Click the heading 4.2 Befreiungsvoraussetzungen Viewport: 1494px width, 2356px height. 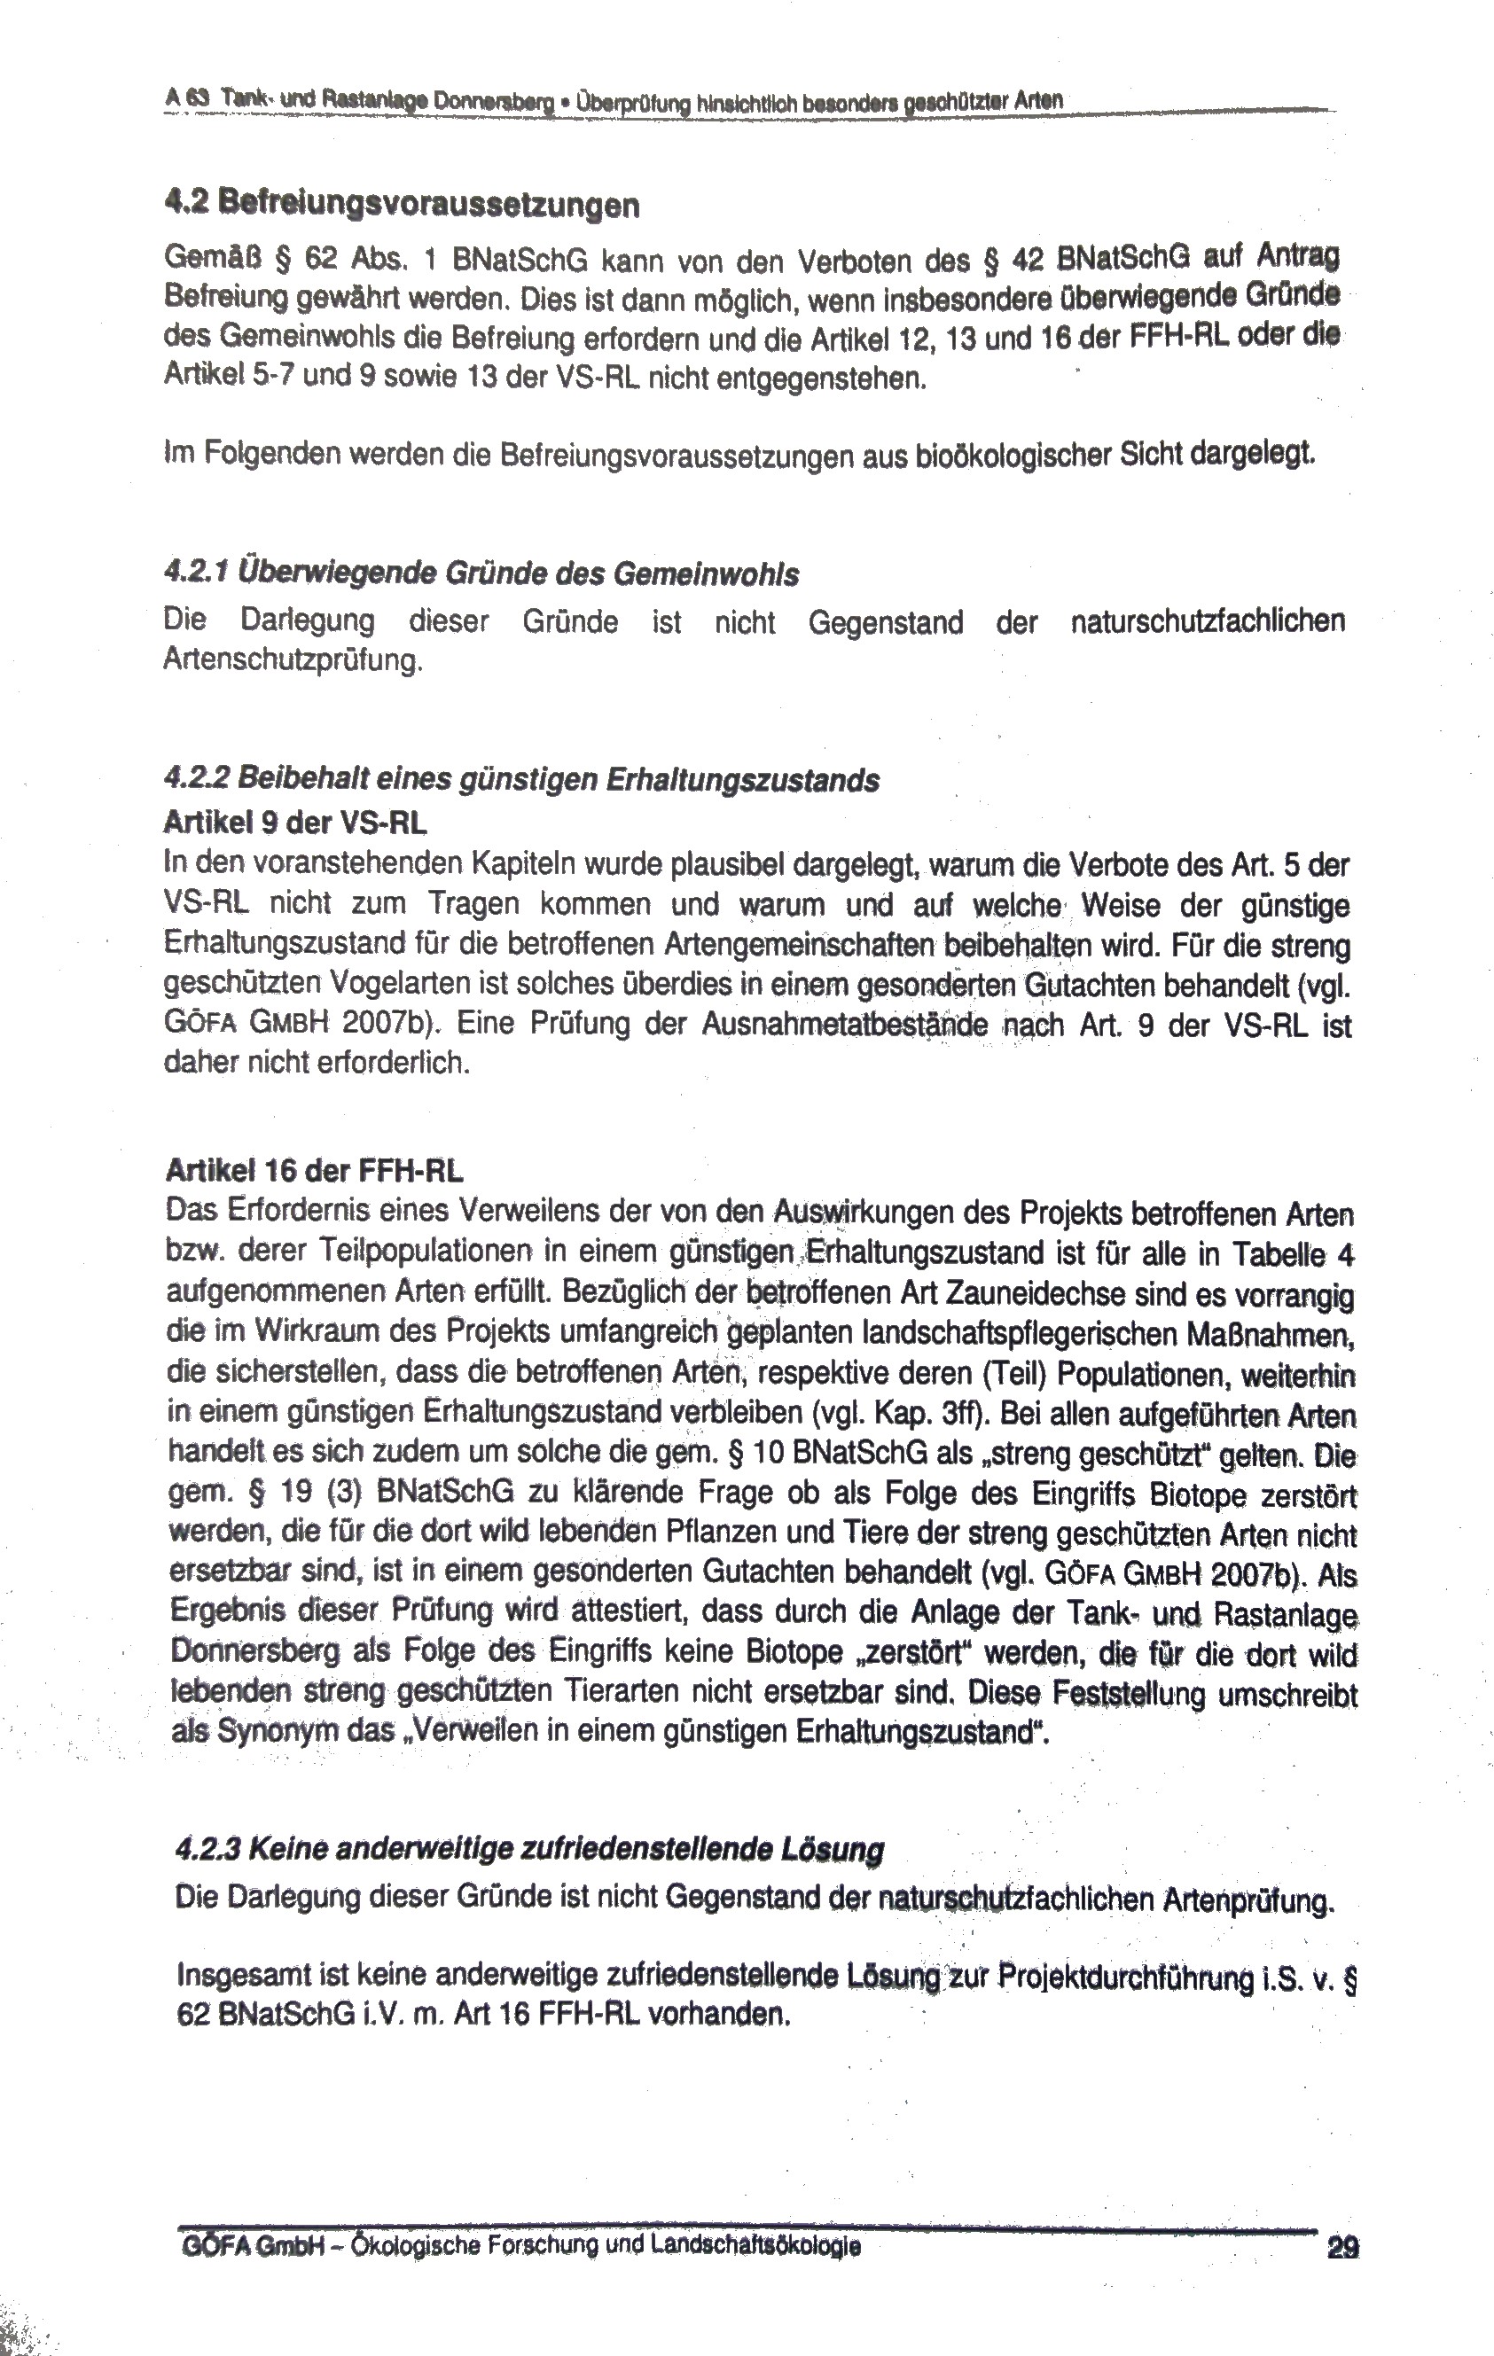[x=403, y=206]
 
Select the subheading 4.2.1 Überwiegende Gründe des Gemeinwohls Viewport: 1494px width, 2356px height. [x=481, y=574]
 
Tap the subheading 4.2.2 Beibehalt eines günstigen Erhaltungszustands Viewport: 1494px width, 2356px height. [x=521, y=781]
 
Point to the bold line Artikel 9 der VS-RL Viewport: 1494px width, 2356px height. [x=295, y=823]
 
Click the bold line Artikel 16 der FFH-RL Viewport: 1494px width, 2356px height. [x=314, y=1171]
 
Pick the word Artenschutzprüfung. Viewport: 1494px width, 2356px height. [x=293, y=660]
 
